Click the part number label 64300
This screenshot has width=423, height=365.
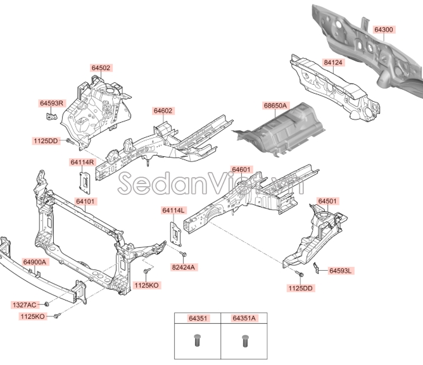tap(384, 30)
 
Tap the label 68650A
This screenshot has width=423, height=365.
tap(275, 105)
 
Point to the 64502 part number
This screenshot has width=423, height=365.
tap(101, 68)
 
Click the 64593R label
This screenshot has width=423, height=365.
tap(53, 102)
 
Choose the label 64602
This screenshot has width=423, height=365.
tap(163, 111)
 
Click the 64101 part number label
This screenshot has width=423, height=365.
tap(85, 202)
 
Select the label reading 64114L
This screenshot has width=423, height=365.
tap(173, 210)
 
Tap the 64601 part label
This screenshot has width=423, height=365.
tap(241, 170)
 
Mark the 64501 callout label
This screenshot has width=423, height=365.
tap(327, 201)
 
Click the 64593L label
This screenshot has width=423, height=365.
tap(341, 271)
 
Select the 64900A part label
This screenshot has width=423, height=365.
tap(35, 261)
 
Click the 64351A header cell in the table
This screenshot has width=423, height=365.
tap(243, 319)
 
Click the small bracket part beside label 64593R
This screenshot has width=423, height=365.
tap(51, 115)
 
